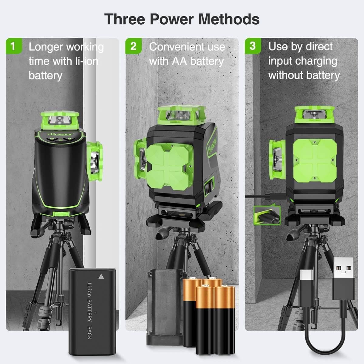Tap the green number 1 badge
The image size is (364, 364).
13,46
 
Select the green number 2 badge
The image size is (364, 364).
133,46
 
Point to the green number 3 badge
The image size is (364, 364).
252,46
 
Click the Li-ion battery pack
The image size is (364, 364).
92,311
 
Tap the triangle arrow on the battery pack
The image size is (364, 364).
101,276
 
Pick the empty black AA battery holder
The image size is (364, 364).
164,306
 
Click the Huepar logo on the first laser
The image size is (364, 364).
60,134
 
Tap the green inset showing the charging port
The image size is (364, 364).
267,215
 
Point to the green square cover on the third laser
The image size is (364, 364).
315,160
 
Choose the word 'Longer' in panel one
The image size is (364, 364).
46,47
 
